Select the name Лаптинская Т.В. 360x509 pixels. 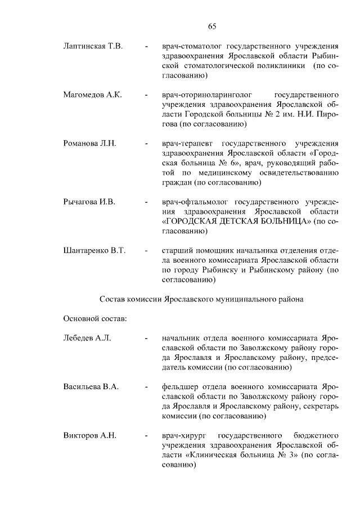pyautogui.click(x=93, y=45)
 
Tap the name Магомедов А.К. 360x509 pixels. pyautogui.click(x=92, y=94)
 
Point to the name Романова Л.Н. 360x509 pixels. pyautogui.click(x=89, y=143)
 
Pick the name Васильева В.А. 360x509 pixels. pyautogui.click(x=91, y=388)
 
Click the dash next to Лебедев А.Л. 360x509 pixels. pyautogui.click(x=146, y=339)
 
